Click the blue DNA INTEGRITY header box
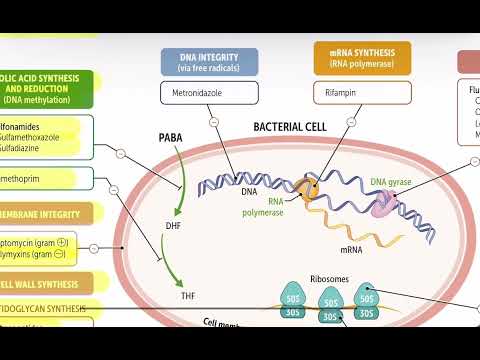pyautogui.click(x=208, y=62)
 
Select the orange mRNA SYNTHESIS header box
pyautogui.click(x=361, y=62)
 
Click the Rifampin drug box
pyautogui.click(x=361, y=94)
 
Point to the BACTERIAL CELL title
pyautogui.click(x=290, y=128)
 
